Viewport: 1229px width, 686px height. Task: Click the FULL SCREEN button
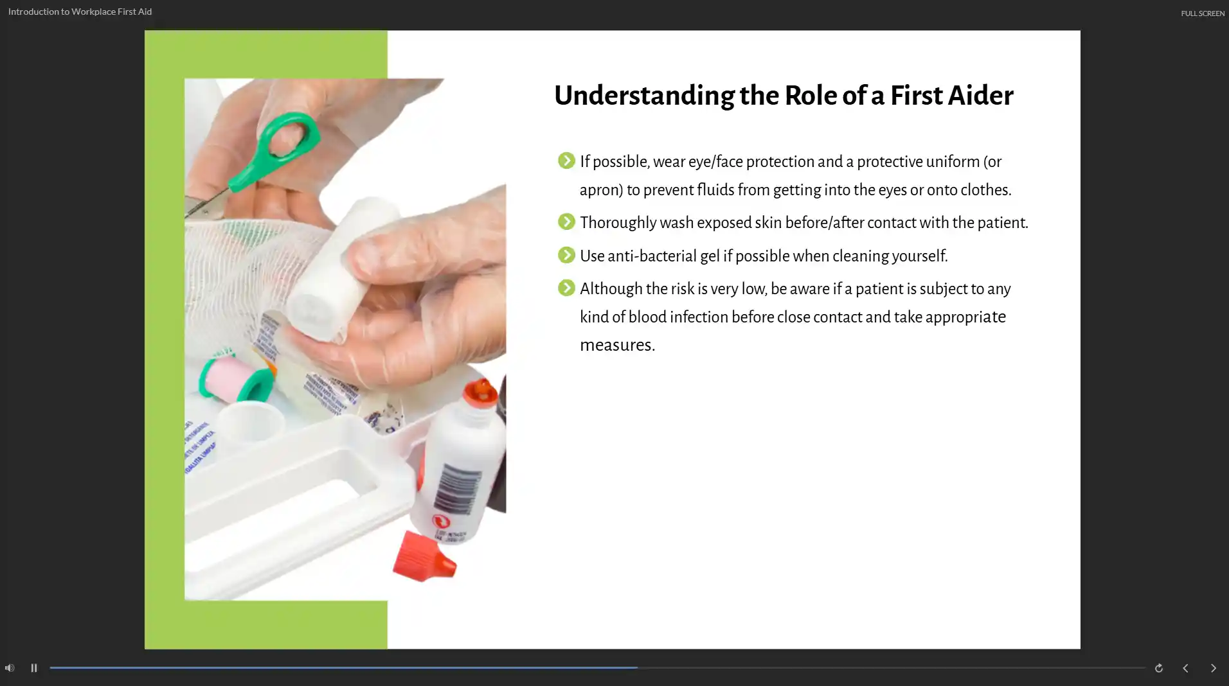click(1202, 13)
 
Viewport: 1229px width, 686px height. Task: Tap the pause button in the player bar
click(34, 668)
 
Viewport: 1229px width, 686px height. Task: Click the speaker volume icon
click(10, 668)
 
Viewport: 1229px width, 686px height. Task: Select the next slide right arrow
click(1213, 668)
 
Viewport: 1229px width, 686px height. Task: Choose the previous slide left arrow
click(1185, 668)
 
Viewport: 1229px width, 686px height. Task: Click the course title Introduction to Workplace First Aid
click(80, 12)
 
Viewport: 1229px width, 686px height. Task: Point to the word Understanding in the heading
click(644, 96)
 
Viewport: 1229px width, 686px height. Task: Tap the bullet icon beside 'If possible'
click(566, 160)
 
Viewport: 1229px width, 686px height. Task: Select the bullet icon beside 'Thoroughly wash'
click(566, 222)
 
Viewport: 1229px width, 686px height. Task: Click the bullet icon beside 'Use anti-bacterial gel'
click(566, 255)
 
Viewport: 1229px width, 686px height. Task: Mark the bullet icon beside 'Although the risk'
click(566, 288)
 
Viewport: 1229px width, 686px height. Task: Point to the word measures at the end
click(617, 345)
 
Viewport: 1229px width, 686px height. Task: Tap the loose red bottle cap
click(424, 556)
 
